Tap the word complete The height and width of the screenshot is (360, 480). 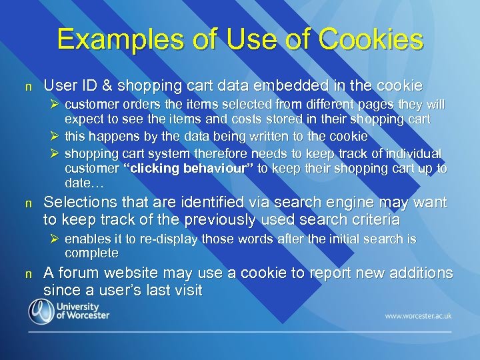pyautogui.click(x=91, y=253)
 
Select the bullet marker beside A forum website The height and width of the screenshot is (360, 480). pyautogui.click(x=28, y=273)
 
